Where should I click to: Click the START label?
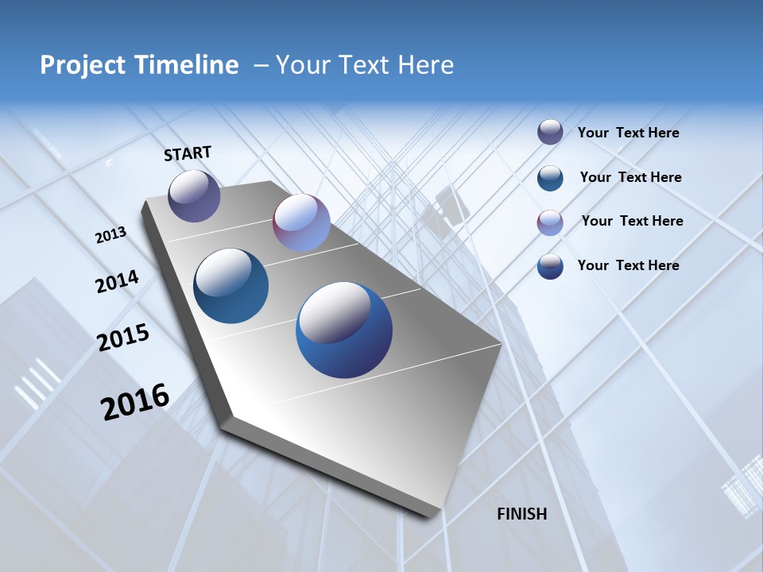pos(188,153)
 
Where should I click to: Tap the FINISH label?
pos(522,514)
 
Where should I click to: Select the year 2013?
pos(111,235)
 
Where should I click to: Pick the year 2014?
pos(117,281)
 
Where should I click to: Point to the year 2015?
pos(123,338)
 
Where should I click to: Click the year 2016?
pos(135,401)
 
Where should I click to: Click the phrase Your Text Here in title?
pos(365,65)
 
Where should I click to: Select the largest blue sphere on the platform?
pos(344,330)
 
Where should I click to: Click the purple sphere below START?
pos(194,196)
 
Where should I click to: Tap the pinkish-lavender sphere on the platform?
pos(301,222)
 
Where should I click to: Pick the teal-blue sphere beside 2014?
pos(230,286)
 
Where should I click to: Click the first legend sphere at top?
pos(550,132)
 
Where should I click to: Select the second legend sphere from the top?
pos(550,177)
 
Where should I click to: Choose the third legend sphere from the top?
pos(550,222)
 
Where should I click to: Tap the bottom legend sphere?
pos(550,266)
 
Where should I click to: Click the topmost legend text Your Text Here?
pos(628,133)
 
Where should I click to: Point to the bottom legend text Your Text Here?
pos(628,265)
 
